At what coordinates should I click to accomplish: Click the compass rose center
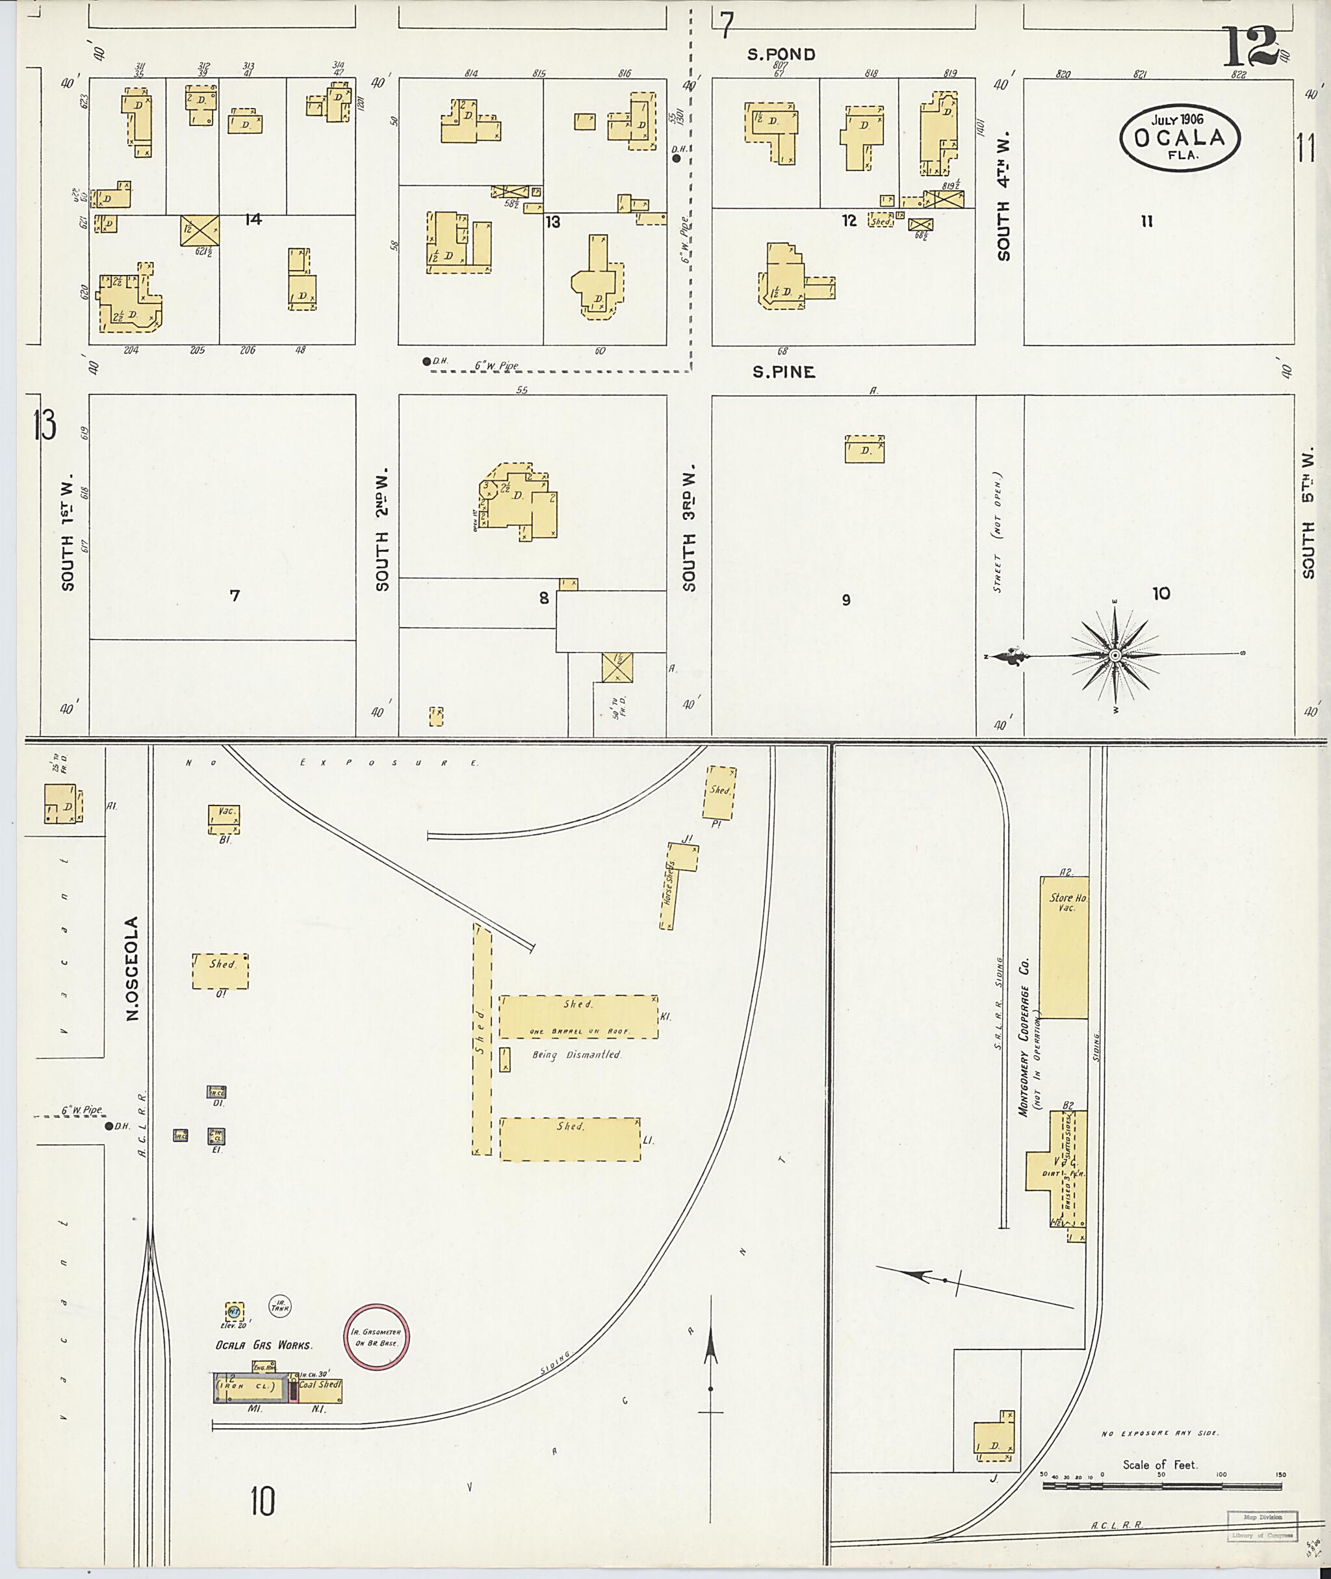click(x=1115, y=655)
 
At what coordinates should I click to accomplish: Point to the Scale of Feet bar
click(x=1162, y=1485)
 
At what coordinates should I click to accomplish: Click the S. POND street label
click(x=782, y=55)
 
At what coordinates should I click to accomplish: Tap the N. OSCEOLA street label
click(x=133, y=969)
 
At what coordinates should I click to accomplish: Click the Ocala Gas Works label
click(x=263, y=1344)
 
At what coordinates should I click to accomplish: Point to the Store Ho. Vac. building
click(x=1063, y=946)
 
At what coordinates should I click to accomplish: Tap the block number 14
click(x=253, y=219)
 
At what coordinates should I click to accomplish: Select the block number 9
click(x=846, y=599)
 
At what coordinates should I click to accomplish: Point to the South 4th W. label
click(x=1003, y=198)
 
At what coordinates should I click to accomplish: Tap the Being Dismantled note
click(x=576, y=1054)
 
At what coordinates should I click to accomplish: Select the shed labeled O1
click(x=220, y=971)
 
